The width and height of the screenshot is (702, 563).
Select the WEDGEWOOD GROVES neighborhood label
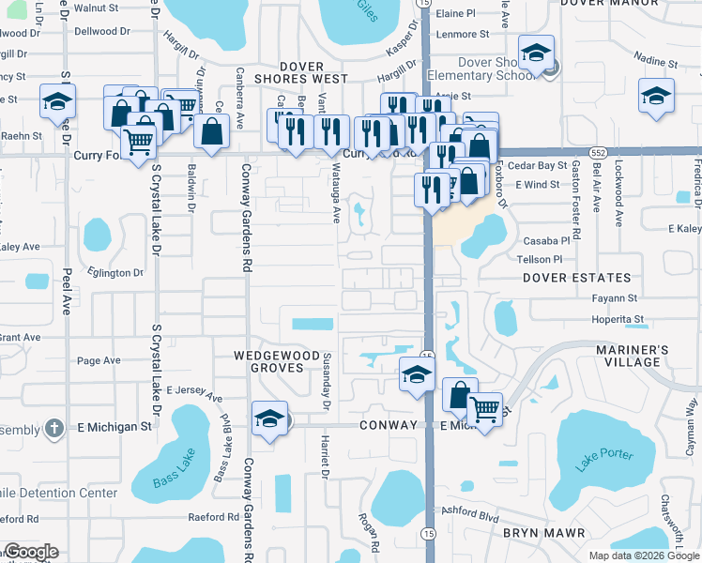click(269, 362)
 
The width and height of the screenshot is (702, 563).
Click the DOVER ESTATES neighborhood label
click(576, 278)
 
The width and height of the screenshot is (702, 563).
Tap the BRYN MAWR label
click(544, 532)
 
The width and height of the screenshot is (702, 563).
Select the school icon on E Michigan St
click(269, 418)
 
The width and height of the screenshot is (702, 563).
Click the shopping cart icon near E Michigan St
click(483, 409)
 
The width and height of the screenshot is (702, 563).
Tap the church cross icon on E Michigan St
click(55, 429)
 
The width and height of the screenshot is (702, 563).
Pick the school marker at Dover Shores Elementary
click(536, 53)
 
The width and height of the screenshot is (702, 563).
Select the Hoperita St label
click(618, 319)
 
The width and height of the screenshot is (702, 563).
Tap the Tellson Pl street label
click(539, 259)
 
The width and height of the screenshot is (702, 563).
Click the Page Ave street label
click(99, 360)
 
